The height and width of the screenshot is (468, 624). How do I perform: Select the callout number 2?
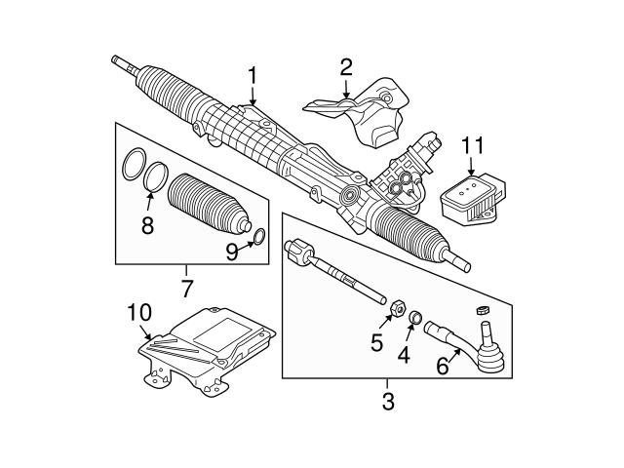point(345,67)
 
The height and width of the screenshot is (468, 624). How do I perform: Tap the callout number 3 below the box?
point(387,401)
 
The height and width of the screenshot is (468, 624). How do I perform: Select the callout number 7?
point(186,288)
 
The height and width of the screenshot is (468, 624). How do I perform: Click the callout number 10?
point(139,313)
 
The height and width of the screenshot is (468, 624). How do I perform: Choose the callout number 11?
point(472,146)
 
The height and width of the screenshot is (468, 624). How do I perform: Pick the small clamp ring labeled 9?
point(259,237)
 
